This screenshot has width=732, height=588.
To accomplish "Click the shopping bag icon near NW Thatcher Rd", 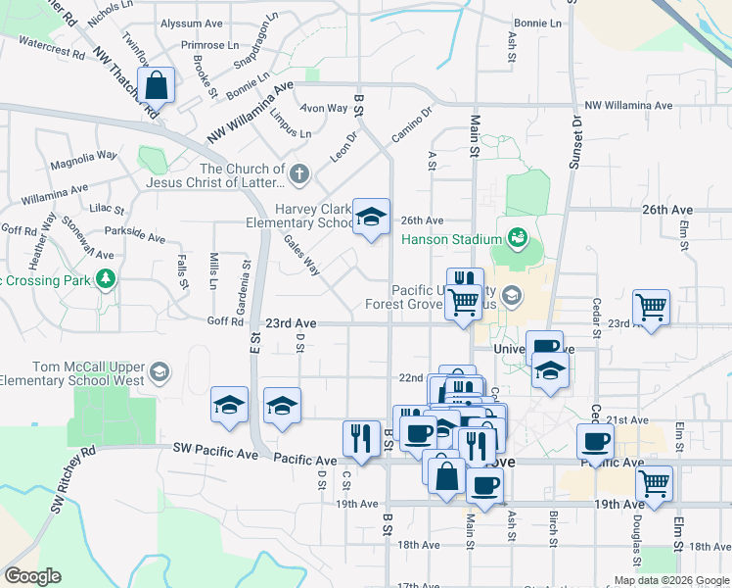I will tap(157, 85).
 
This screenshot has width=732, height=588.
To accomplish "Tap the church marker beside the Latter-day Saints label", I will tap(299, 175).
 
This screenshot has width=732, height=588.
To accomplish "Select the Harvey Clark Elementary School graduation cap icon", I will tap(371, 218).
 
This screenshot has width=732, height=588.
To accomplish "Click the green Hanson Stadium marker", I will tap(516, 238).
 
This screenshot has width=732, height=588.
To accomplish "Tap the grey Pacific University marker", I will tap(510, 295).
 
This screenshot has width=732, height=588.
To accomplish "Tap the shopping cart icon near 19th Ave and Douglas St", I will tap(654, 483).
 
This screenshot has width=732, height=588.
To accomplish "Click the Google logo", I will tap(32, 576).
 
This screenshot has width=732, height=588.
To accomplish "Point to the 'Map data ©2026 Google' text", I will tap(671, 580).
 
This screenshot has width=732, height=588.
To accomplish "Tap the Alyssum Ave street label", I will tap(193, 23).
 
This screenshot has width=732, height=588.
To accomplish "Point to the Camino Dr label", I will tap(412, 125).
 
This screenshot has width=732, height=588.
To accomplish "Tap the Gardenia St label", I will tap(247, 280).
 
